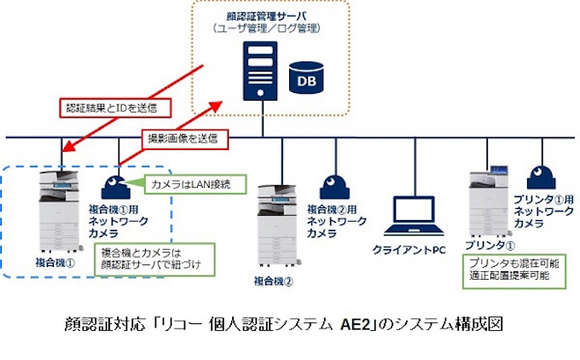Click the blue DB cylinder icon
coord(309,78)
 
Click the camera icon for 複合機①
coord(116,187)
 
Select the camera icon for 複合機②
coord(334,186)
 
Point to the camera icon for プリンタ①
coord(539,177)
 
